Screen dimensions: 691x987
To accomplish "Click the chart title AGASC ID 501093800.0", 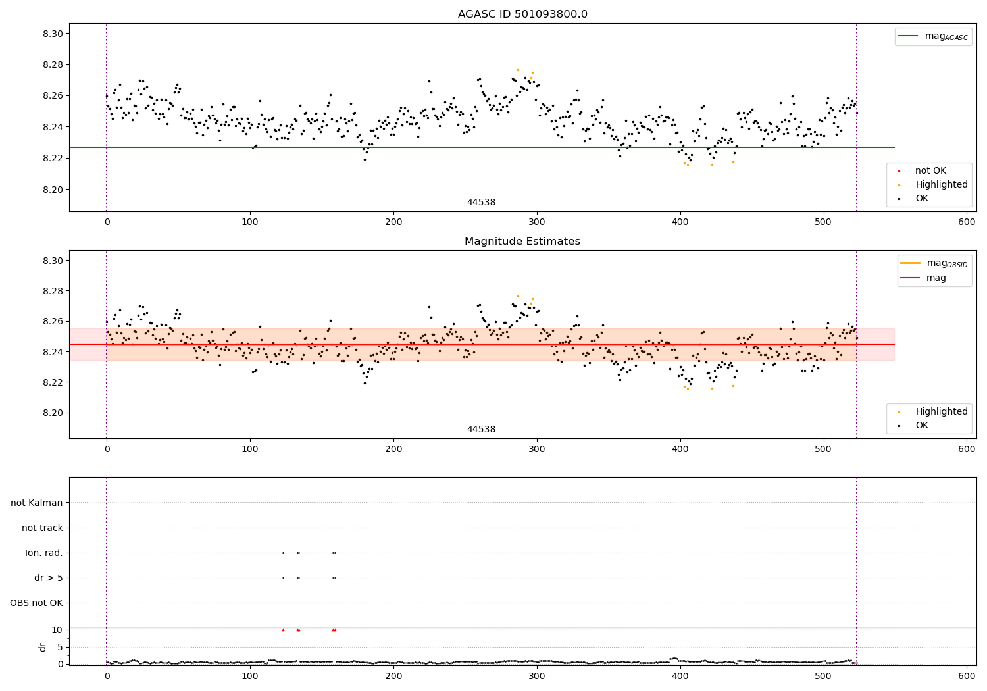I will click(522, 14).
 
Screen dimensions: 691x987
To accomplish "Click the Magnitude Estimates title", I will click(522, 242).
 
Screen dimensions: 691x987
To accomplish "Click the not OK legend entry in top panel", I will click(930, 171).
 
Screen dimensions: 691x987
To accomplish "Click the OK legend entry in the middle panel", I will click(921, 426).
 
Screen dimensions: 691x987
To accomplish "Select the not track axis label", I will click(42, 528).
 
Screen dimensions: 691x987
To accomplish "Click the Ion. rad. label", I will click(44, 553).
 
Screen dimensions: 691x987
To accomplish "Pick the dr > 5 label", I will click(49, 578).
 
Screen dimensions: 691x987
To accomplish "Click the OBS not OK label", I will click(37, 603).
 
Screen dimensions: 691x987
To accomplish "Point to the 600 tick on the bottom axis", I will click(967, 676).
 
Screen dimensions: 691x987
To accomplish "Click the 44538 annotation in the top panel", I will click(481, 203).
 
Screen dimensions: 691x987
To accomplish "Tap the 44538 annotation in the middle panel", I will click(481, 430).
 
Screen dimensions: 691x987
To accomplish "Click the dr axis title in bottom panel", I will click(43, 647).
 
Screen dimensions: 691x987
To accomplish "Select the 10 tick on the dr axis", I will click(57, 630).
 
